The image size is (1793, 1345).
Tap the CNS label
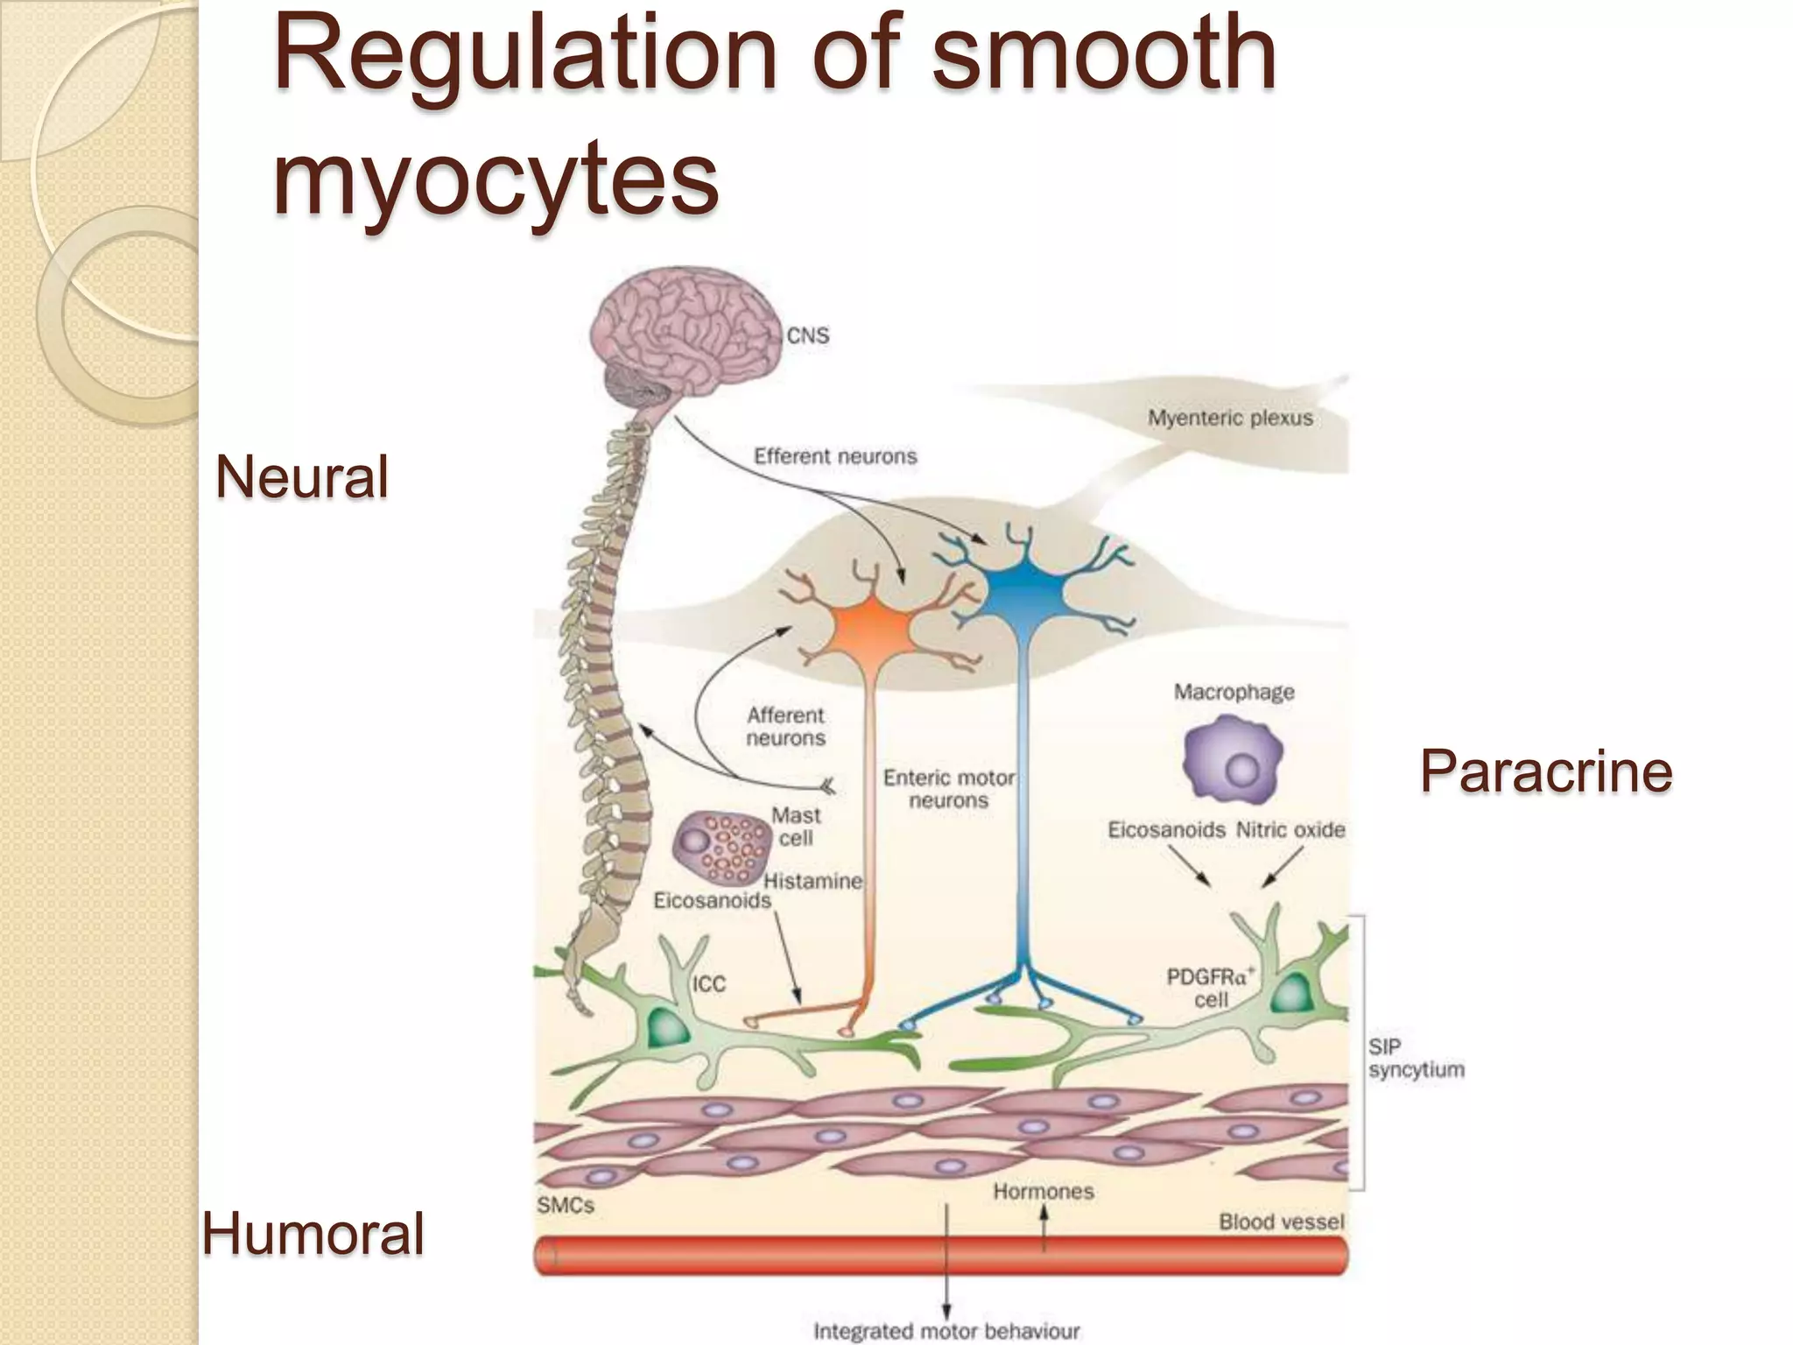click(x=807, y=335)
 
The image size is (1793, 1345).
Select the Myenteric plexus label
click(x=1230, y=418)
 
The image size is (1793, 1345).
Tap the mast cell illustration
click(x=716, y=846)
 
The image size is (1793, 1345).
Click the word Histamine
click(x=813, y=881)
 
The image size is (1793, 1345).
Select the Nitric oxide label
click(x=1290, y=829)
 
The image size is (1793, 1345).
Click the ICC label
click(x=709, y=984)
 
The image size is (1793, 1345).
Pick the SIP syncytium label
click(x=1416, y=1058)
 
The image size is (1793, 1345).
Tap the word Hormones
click(x=1043, y=1192)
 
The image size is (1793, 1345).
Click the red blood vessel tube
click(x=941, y=1256)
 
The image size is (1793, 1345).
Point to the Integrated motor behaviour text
click(x=946, y=1331)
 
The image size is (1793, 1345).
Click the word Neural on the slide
click(x=302, y=477)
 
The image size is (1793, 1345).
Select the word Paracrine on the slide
click(x=1546, y=771)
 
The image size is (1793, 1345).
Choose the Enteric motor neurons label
click(x=948, y=788)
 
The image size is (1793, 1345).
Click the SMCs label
click(x=566, y=1205)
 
